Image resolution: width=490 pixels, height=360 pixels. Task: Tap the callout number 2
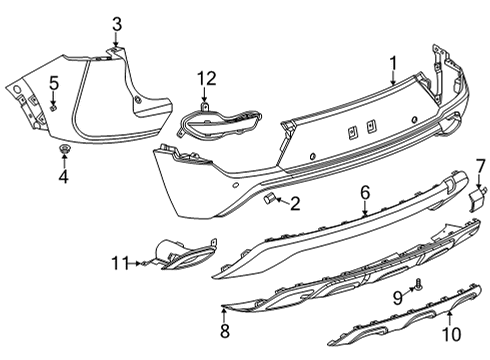point(294,204)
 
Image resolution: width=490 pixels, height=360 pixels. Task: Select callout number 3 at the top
point(116,23)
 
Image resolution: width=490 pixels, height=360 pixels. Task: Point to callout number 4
point(62,178)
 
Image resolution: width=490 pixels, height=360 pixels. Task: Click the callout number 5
point(54,84)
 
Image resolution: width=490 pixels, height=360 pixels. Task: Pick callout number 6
point(366,190)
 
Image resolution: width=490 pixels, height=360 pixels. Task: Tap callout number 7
point(479,165)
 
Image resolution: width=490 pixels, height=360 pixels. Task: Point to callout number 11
point(120,263)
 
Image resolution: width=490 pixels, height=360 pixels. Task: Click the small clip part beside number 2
point(270,200)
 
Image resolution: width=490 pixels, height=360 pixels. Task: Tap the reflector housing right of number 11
point(183,255)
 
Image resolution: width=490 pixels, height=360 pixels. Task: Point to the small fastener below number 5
point(53,107)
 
